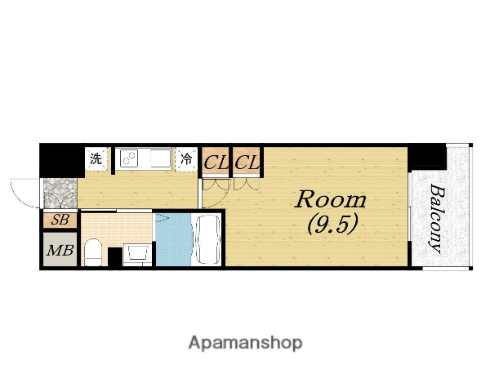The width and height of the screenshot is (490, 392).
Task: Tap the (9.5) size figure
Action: pos(332,225)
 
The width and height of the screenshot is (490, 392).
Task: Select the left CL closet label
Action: pos(216,163)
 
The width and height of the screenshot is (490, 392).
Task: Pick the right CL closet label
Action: pos(247,163)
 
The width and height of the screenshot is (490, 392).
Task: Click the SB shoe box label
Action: pos(60,220)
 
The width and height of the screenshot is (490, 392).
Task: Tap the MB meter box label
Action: pos(60,250)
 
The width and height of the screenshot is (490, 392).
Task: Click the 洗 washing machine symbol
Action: pos(96,158)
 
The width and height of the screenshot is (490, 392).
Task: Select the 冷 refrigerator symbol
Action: pos(186,158)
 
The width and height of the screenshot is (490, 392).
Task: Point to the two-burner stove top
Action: pos(129,158)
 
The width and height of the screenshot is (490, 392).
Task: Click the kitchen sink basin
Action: pos(160,158)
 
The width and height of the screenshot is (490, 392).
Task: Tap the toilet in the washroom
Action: pos(93,252)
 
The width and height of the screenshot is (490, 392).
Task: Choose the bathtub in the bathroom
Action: pos(207,239)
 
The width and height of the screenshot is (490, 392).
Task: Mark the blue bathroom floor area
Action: pos(174,239)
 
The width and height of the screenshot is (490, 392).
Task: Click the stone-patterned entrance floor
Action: pos(60,194)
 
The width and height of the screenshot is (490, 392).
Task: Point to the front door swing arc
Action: pos(19,195)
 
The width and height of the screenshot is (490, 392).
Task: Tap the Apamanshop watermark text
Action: pos(246,343)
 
